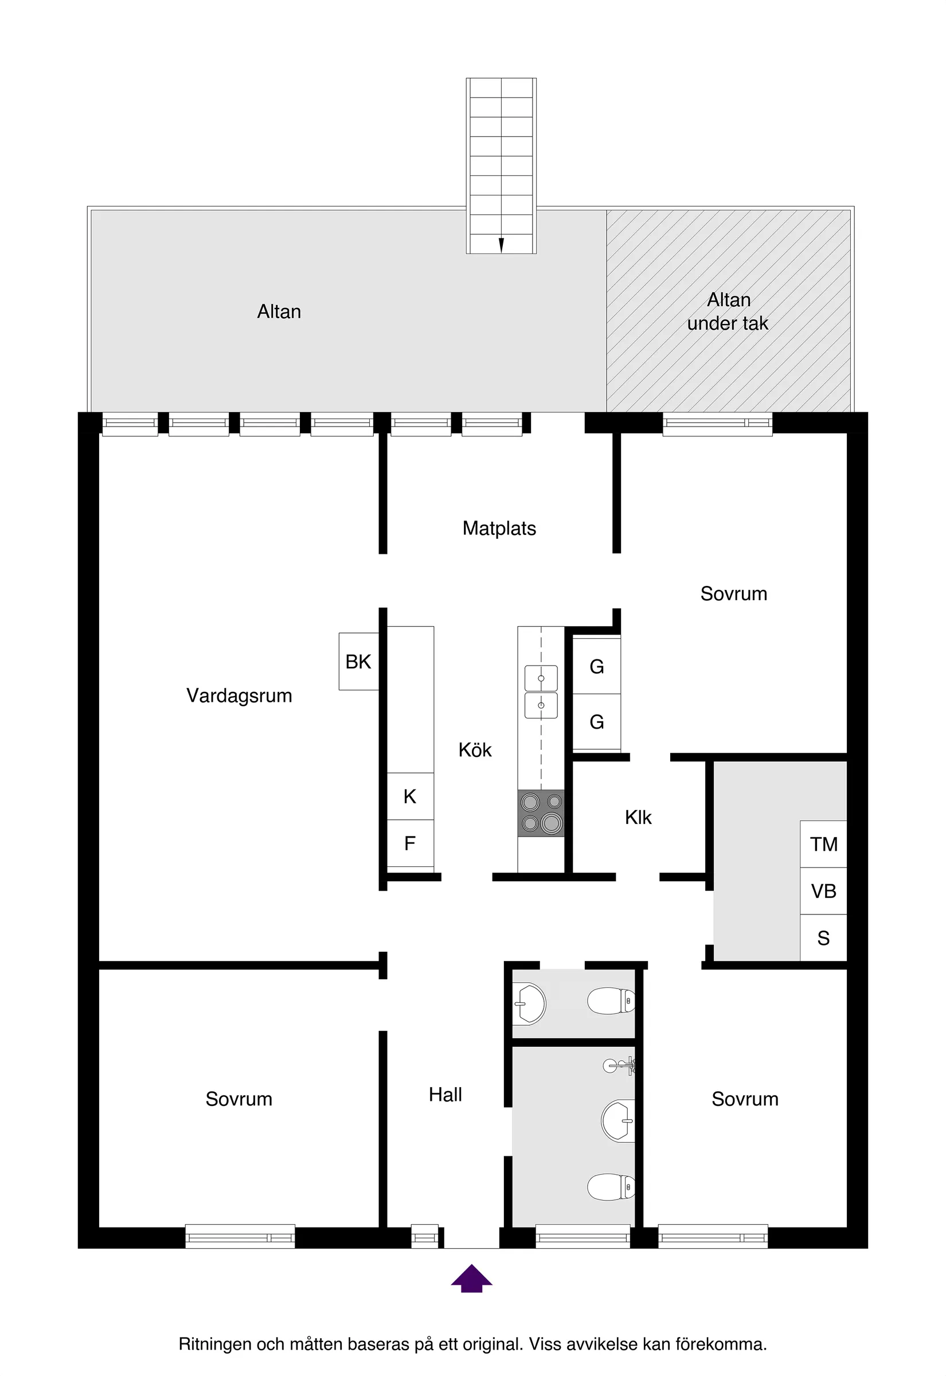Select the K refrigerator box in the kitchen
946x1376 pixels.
[x=410, y=796]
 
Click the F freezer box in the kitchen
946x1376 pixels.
[x=410, y=843]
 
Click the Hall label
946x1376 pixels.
[x=445, y=1094]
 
